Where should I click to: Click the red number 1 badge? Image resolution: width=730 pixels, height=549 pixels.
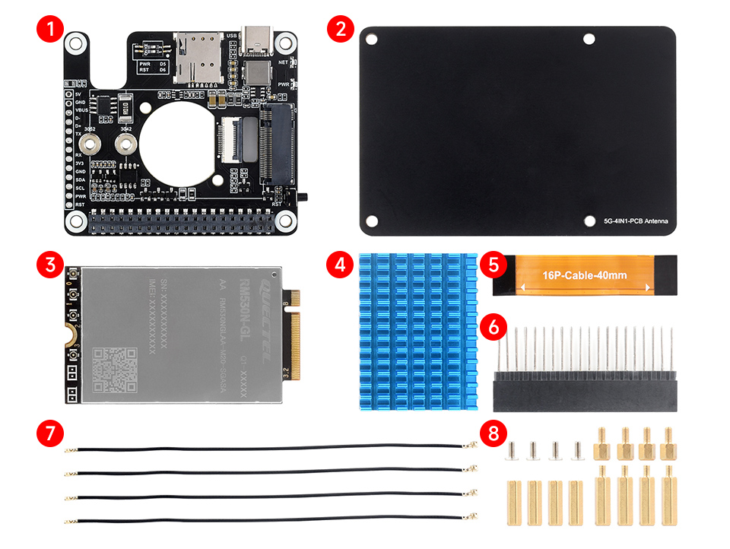50,30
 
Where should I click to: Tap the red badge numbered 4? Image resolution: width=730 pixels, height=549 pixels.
340,265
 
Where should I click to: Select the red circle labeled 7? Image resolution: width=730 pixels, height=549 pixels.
50,434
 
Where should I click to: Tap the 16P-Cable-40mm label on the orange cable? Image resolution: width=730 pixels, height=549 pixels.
585,275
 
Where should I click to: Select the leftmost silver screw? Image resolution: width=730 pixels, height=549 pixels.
513,452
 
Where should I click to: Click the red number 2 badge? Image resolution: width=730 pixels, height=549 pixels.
340,30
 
